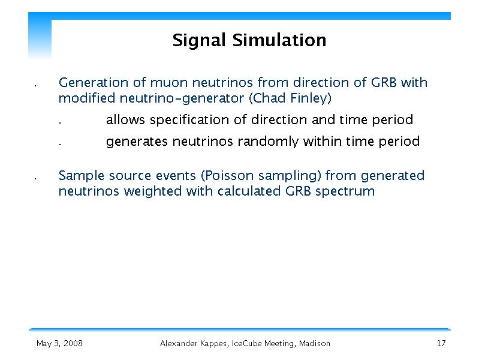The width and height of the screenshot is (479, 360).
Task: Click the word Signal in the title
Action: tap(199, 41)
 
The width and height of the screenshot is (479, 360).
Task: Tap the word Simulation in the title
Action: tap(279, 40)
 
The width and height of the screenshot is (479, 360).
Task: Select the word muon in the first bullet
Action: tap(169, 83)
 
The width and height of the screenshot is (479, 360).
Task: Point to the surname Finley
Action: tap(311, 98)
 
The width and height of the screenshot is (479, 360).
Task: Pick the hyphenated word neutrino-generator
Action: tap(182, 98)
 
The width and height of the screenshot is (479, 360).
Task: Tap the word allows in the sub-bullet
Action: tap(125, 119)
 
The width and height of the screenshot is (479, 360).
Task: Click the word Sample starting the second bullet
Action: tap(82, 176)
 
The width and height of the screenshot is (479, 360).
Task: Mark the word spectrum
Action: tap(345, 192)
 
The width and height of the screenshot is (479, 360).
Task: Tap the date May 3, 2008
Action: tap(59, 343)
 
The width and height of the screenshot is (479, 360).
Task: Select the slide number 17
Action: tap(441, 343)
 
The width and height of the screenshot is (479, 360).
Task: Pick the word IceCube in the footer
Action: tap(246, 343)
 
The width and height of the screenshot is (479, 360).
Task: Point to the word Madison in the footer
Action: tap(314, 343)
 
